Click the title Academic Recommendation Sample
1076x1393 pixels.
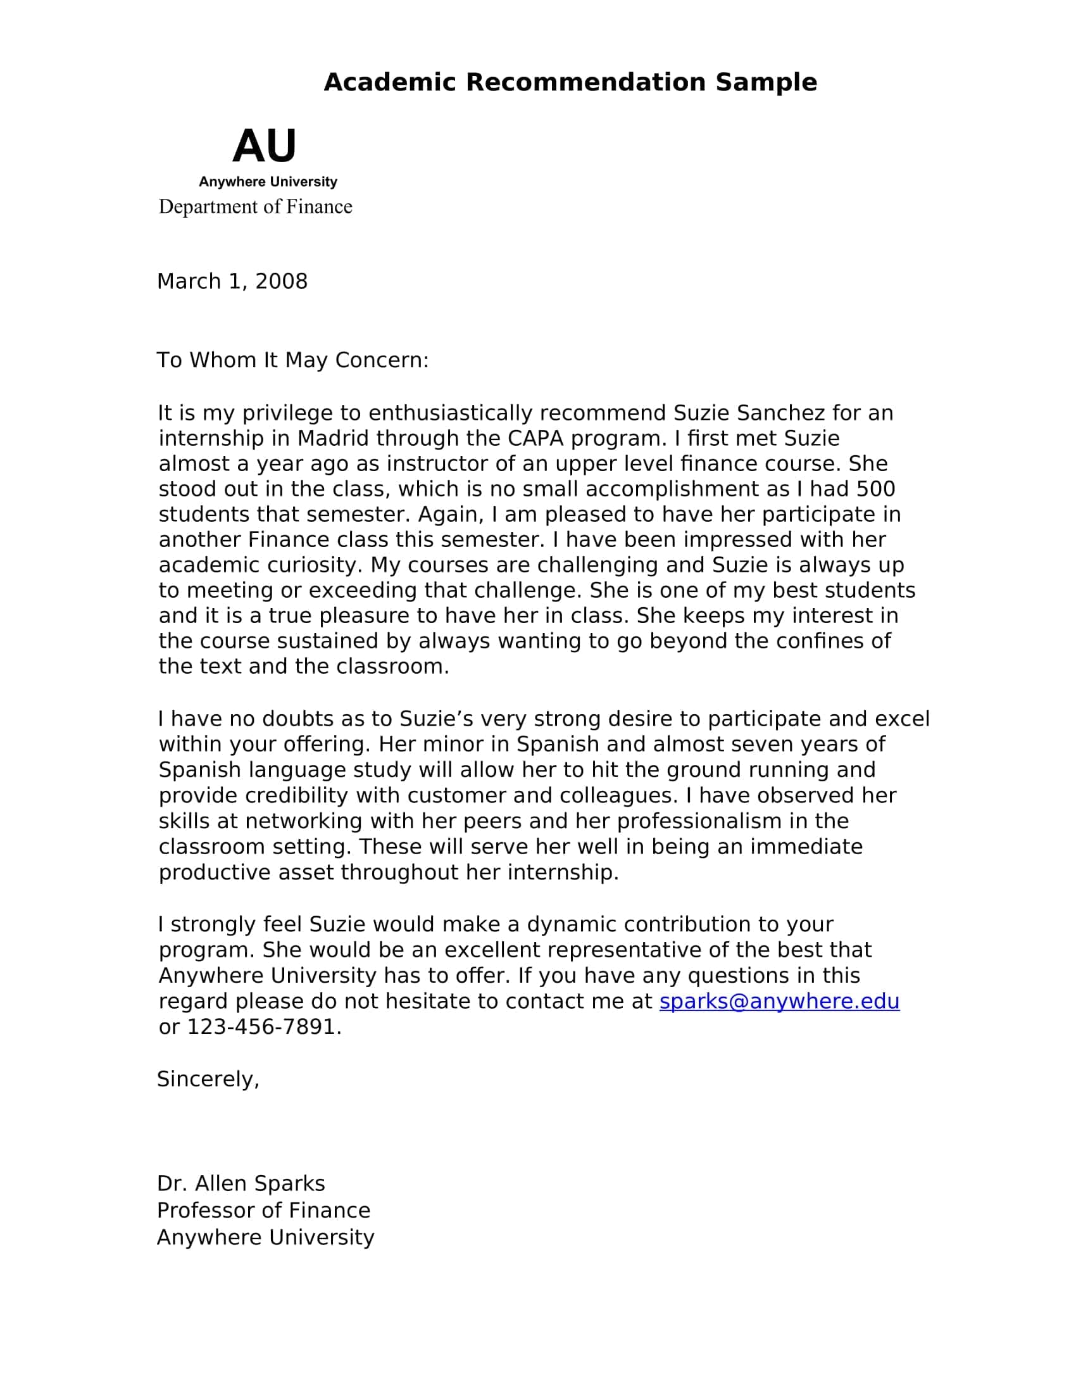tap(570, 82)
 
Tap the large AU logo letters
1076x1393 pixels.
tap(265, 146)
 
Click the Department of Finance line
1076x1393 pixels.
tap(255, 206)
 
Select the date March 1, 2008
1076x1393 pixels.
tap(232, 281)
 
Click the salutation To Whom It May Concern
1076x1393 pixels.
tap(292, 360)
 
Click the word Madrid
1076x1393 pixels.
tap(334, 439)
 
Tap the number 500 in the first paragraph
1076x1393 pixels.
tap(875, 489)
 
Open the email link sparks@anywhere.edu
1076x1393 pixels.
tap(779, 1002)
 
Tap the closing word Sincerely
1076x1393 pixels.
tap(208, 1079)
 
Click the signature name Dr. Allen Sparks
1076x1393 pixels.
tap(241, 1184)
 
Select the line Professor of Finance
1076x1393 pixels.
tap(263, 1211)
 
